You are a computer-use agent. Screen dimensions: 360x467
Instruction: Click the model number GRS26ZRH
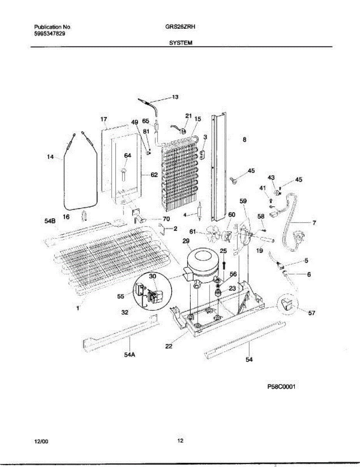tap(180, 27)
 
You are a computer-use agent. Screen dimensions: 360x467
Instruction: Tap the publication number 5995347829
tap(50, 34)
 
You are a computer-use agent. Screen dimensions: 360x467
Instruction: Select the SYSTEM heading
tap(181, 43)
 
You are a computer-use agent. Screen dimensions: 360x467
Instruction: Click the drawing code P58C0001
tap(281, 387)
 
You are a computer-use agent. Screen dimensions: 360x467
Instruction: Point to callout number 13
tap(175, 97)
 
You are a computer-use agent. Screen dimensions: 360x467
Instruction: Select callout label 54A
tap(130, 355)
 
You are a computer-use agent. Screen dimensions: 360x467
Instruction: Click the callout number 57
tap(312, 313)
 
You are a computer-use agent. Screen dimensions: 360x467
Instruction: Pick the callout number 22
tap(169, 346)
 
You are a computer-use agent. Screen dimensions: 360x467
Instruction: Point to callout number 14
tap(50, 157)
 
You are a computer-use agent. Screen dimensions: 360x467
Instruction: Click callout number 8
tap(244, 140)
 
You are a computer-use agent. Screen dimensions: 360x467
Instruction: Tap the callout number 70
tap(166, 219)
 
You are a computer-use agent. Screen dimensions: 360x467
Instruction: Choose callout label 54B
tap(50, 221)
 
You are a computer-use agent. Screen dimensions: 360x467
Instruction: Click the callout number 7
tap(314, 223)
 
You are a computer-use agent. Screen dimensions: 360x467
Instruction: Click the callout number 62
tap(154, 175)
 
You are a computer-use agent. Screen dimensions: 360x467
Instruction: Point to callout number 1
tap(77, 308)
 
